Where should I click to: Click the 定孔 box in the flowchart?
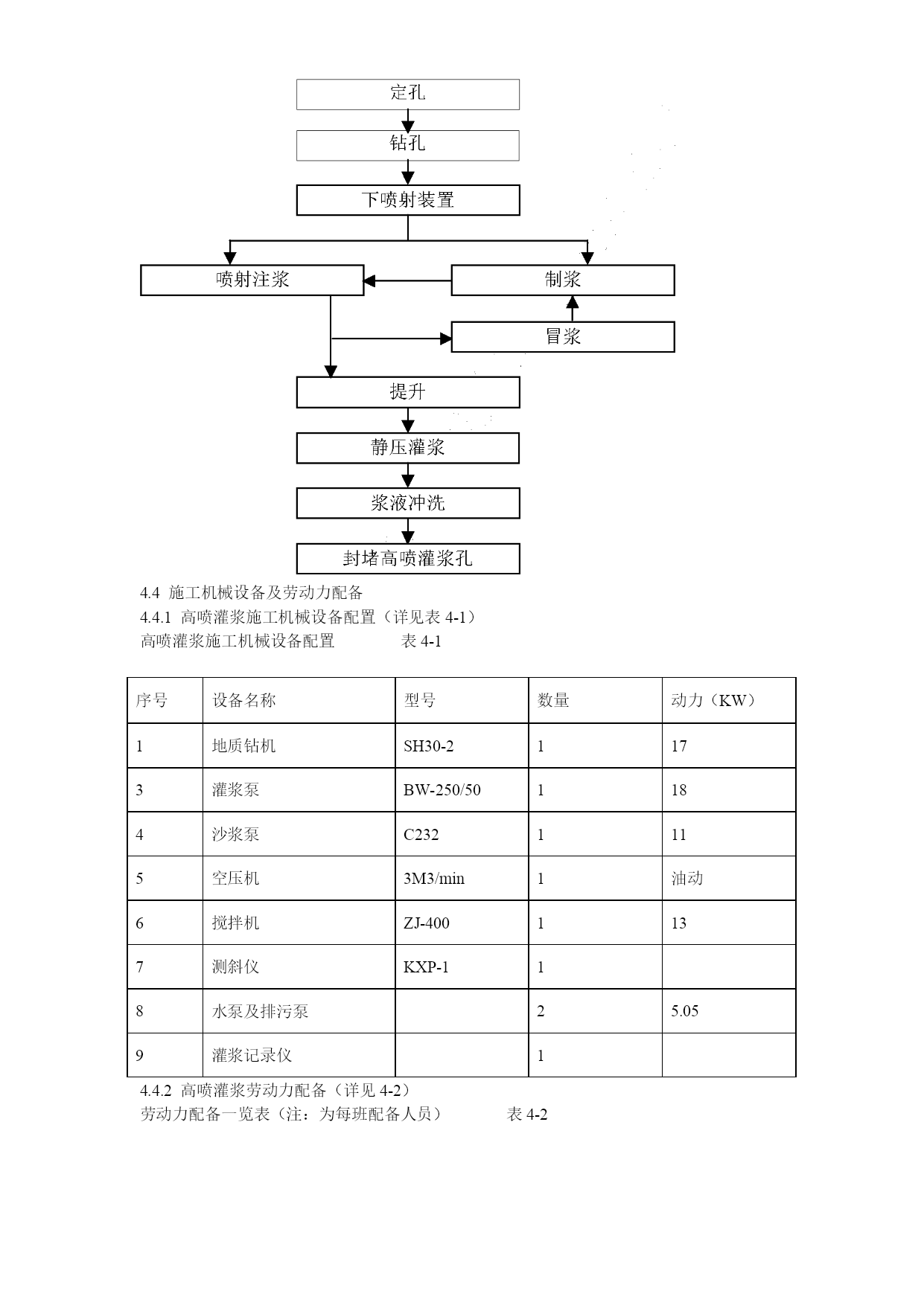point(408,94)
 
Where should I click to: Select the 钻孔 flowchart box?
point(408,145)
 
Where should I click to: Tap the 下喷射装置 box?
point(408,200)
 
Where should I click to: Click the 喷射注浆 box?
point(252,280)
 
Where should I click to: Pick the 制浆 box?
point(563,280)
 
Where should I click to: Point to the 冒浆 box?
point(563,337)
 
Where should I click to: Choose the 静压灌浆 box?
point(408,448)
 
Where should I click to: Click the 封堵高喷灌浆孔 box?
point(408,559)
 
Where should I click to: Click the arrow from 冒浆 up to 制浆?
point(573,309)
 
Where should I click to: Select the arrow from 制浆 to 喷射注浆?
point(407,280)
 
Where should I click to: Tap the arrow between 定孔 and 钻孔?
point(408,121)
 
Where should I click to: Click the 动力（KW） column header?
point(713,700)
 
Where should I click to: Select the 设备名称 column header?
point(244,700)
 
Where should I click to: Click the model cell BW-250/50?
point(442,790)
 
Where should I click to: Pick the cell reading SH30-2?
point(428,746)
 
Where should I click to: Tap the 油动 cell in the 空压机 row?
point(687,878)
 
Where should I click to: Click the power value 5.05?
point(685,1010)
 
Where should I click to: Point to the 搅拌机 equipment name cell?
point(236,923)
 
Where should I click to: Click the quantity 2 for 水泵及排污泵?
point(541,1011)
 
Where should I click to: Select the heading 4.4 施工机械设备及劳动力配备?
point(252,593)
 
